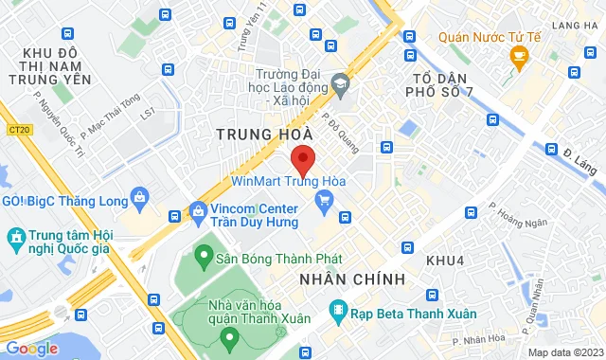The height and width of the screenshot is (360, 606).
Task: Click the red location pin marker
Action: tap(302, 158)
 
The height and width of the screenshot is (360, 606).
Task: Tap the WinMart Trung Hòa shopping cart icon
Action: tap(326, 199)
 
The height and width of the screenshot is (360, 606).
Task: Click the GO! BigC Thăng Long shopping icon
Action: tap(140, 199)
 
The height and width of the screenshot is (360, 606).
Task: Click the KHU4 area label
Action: tap(443, 260)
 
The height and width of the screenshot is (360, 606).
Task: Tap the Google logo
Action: tap(31, 348)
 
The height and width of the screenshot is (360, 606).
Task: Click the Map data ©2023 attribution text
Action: tap(563, 352)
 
